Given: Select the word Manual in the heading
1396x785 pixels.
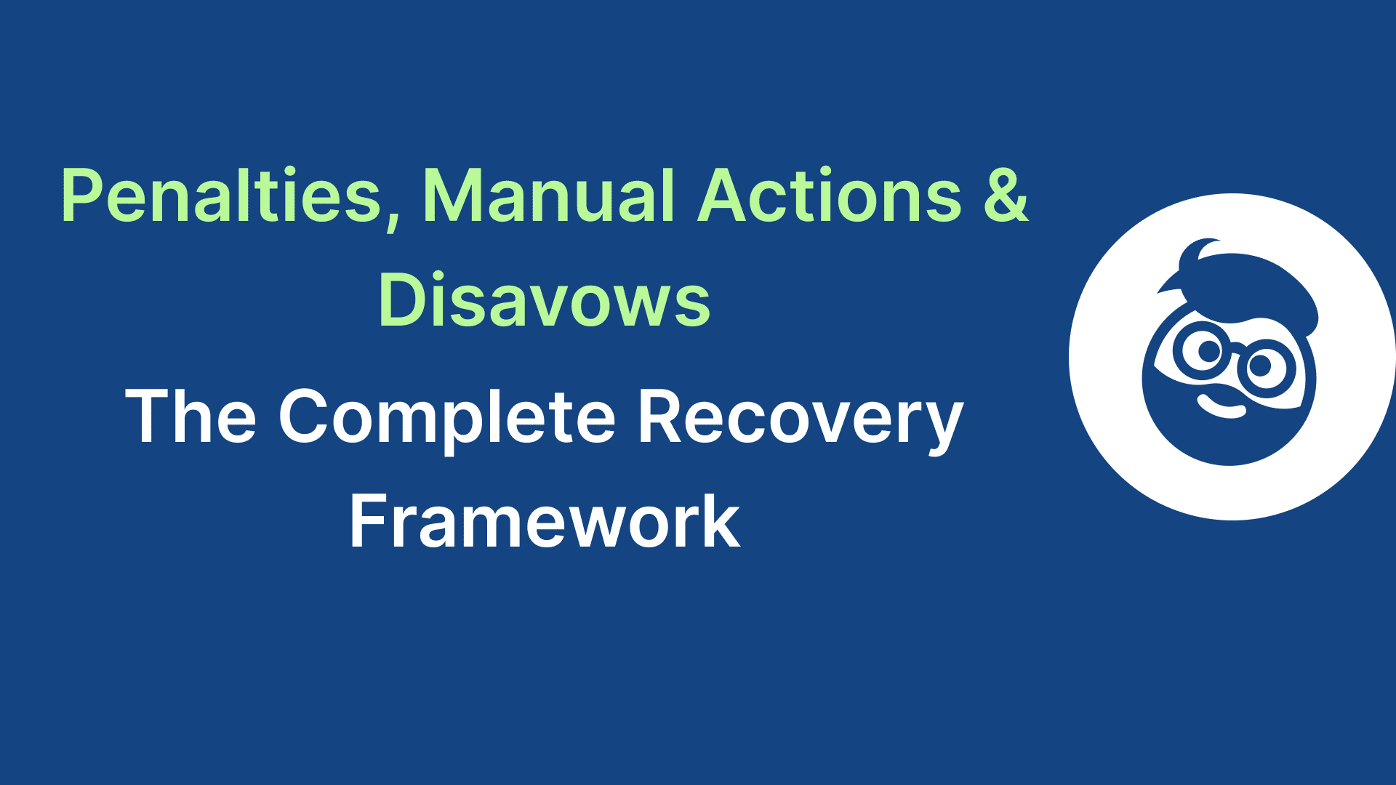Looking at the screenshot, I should point(549,196).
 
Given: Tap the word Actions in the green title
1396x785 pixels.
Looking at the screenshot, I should point(829,196).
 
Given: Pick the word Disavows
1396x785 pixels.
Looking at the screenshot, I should point(544,300).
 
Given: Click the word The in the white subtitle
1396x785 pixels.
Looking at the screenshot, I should point(190,416).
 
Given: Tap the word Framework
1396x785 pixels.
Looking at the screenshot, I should point(544,521).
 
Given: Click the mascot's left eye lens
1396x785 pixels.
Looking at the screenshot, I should point(1207,351).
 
